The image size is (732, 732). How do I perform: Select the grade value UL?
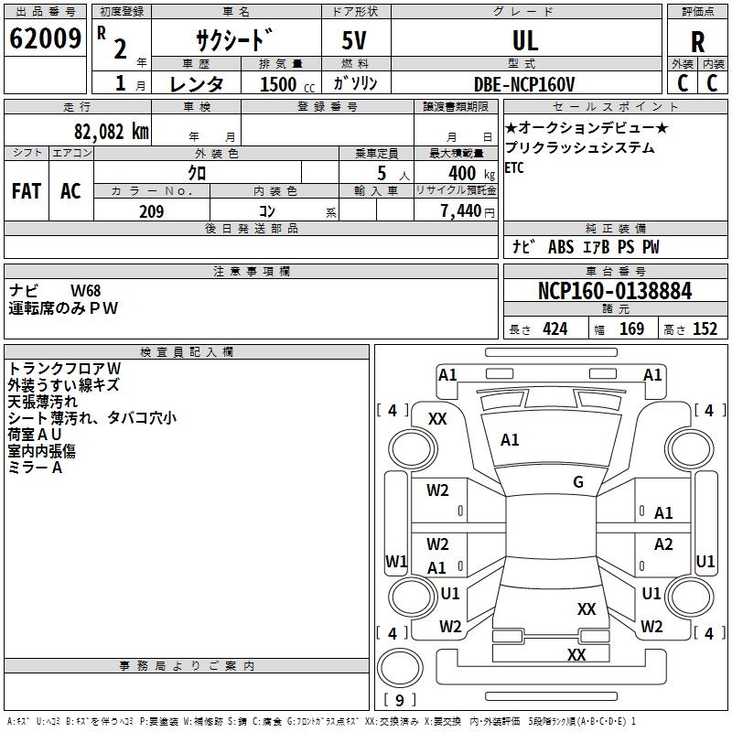(x=525, y=40)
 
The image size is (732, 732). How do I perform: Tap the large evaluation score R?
(x=697, y=41)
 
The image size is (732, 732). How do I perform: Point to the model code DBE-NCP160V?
(x=524, y=84)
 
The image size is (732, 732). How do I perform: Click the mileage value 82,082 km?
(x=111, y=131)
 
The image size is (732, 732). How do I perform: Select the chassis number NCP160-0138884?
(x=615, y=291)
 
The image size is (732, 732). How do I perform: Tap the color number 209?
(x=151, y=211)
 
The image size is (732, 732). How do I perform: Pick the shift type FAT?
(x=27, y=190)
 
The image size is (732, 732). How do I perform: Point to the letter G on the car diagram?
(x=578, y=482)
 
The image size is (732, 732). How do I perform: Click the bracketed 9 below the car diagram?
(x=399, y=701)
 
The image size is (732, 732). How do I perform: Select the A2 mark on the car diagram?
(x=663, y=544)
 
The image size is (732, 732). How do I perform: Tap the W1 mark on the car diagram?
(x=396, y=560)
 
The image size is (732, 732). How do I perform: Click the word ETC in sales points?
(x=514, y=167)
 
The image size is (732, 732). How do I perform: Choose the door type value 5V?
(x=355, y=40)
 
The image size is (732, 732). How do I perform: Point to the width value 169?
(x=631, y=329)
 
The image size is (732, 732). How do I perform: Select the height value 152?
(x=705, y=329)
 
